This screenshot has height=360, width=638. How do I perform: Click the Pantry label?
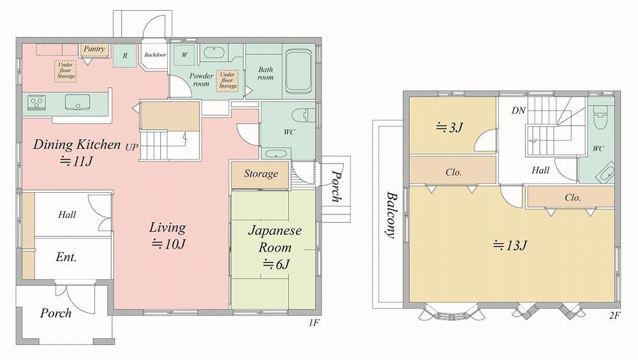pos(94,49)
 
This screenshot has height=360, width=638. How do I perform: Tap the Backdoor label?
pos(155,54)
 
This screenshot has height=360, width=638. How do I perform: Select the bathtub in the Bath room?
pos(299,72)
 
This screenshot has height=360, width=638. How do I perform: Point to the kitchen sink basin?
pos(77,102)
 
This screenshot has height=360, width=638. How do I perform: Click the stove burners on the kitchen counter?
pos(36,101)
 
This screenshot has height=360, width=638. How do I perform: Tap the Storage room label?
pos(261,174)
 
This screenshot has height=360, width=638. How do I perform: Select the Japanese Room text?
pos(275,239)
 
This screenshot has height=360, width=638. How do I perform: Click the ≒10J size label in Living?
pos(168,244)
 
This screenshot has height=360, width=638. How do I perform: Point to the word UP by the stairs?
pos(132,147)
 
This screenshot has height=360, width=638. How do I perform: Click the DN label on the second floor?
pos(518,110)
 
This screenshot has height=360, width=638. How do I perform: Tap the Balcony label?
pos(392,214)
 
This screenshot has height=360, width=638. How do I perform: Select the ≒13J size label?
pos(510,246)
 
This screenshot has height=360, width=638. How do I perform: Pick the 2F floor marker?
pos(615,315)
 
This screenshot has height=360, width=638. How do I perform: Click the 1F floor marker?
pos(313,323)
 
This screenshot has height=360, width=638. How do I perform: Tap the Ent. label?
pos(66,257)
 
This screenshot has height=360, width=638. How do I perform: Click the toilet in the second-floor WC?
pos(600,116)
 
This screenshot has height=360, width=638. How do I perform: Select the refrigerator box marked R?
pos(124,56)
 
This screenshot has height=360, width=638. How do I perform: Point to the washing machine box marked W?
pos(184,54)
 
